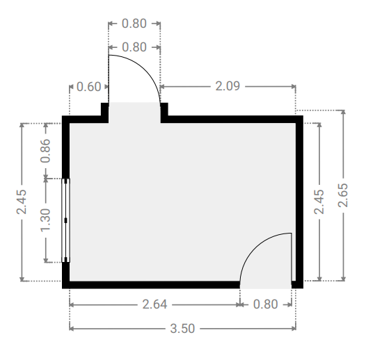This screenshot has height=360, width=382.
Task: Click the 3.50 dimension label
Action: [182, 329]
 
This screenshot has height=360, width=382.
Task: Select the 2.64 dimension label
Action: [154, 304]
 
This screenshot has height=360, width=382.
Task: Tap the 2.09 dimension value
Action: [228, 86]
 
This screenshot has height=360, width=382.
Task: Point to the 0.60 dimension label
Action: [88, 87]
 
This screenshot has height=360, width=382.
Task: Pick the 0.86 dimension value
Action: [45, 151]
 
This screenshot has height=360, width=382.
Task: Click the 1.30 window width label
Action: [45, 220]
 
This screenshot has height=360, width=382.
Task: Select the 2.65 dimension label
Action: [343, 195]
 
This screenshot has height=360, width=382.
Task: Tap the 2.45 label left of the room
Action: [22, 202]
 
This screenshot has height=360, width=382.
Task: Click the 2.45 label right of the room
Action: [319, 202]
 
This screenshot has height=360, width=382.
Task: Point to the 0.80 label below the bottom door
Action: [266, 304]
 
